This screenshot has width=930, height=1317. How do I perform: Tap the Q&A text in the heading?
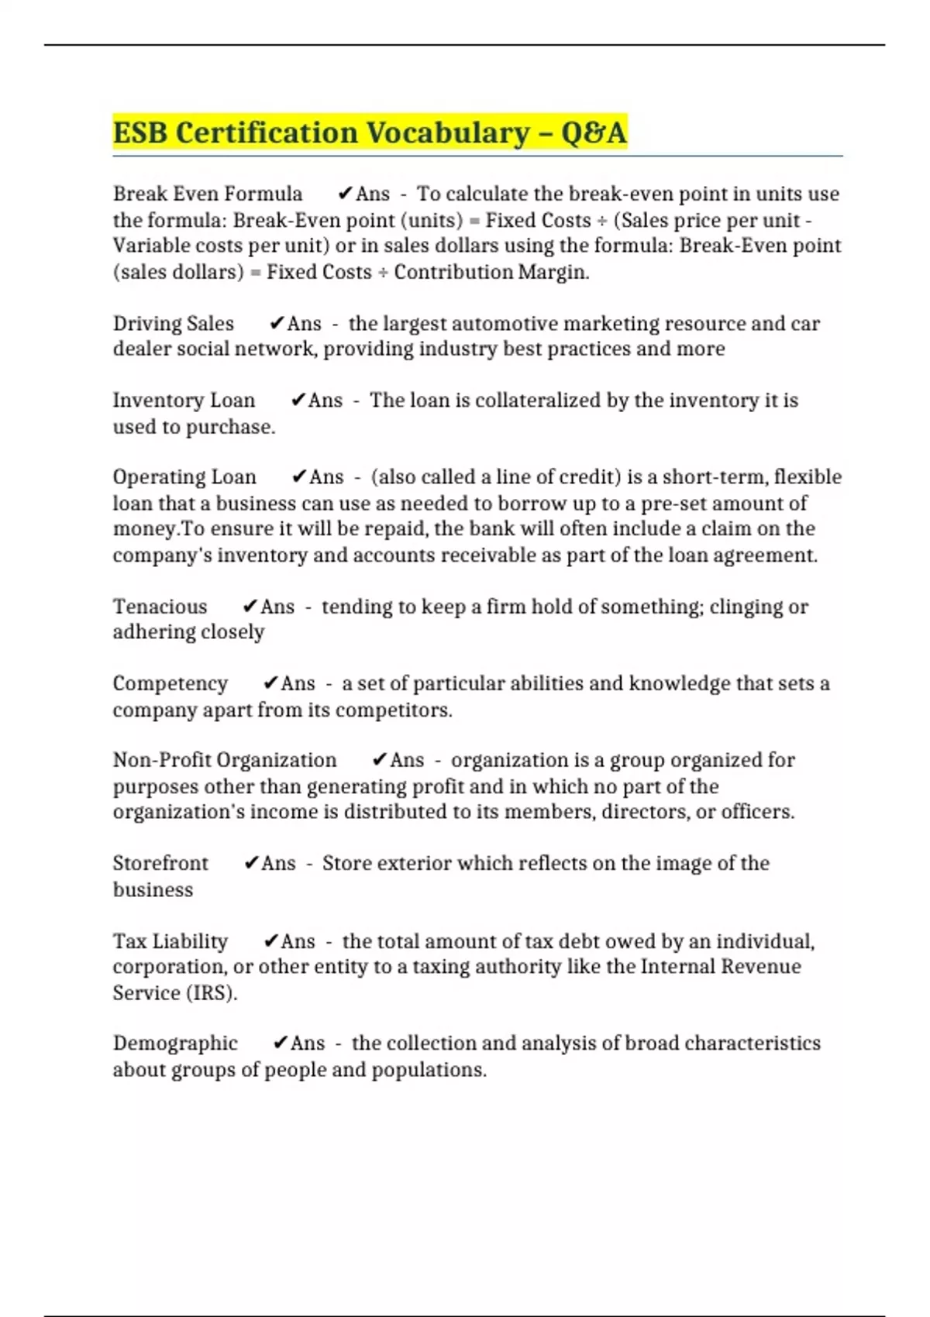click(593, 132)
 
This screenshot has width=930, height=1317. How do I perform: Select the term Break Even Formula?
click(208, 194)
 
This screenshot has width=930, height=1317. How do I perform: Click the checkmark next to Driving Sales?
click(277, 324)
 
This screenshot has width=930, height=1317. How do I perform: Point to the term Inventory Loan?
click(184, 401)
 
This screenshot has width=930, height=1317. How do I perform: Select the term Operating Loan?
click(184, 477)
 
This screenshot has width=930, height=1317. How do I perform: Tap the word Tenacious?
click(160, 607)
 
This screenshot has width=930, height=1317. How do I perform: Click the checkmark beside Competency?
click(270, 683)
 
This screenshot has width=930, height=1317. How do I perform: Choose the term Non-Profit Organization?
click(225, 760)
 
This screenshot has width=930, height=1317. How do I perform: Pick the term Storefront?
click(160, 863)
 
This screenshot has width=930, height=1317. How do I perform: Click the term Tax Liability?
click(170, 941)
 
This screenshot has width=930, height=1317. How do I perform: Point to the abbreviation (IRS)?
click(208, 993)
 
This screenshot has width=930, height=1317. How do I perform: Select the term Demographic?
click(175, 1044)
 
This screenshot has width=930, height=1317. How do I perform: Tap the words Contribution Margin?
click(491, 272)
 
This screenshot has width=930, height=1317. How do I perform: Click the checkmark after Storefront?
click(251, 863)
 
